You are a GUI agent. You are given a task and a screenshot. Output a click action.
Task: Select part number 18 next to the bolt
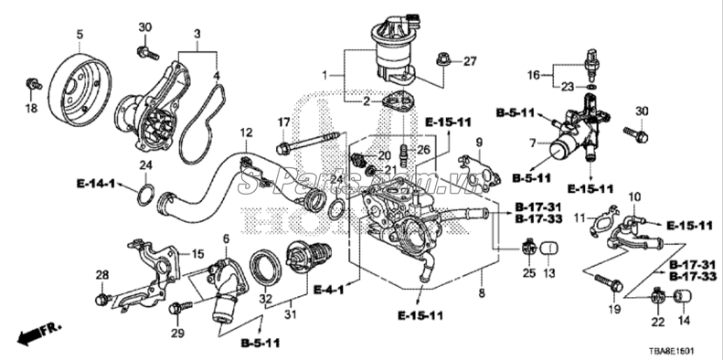30,109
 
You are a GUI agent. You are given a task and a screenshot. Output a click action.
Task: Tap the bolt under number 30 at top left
144,51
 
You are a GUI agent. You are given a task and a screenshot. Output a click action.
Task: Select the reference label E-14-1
95,185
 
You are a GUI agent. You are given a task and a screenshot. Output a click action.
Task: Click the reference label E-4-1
327,290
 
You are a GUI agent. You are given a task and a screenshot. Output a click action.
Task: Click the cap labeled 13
549,248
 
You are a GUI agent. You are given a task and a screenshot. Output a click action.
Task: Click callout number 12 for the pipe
245,134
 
